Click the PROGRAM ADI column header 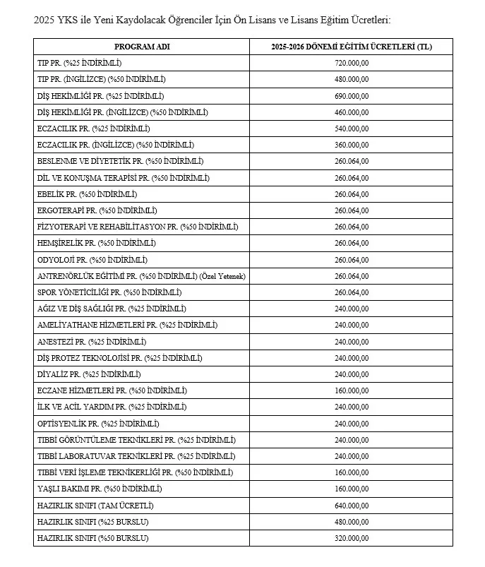(142, 47)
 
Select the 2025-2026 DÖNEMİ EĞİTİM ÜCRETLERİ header (352, 47)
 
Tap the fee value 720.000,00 (352, 63)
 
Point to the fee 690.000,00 (352, 95)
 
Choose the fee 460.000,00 (352, 112)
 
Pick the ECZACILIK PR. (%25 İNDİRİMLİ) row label (94, 129)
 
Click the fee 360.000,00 (352, 145)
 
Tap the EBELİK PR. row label (87, 194)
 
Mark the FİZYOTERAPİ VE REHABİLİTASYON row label (138, 227)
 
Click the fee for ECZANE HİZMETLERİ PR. (352, 390)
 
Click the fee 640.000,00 (352, 506)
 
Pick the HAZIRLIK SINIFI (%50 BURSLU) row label (92, 538)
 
